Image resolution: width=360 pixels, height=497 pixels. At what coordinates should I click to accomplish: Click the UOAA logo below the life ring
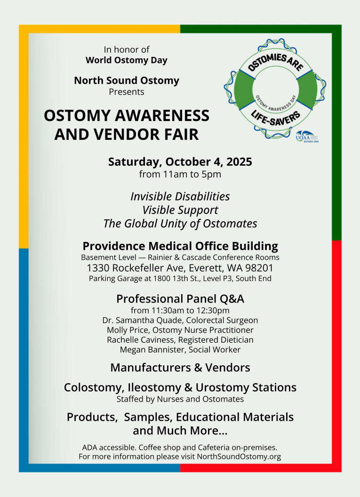[307, 136]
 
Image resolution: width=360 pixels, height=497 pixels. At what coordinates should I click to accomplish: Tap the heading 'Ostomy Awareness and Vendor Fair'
[127, 125]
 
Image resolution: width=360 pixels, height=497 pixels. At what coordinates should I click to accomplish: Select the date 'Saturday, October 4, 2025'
[180, 161]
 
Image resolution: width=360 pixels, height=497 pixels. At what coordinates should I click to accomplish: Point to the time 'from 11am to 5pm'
[180, 174]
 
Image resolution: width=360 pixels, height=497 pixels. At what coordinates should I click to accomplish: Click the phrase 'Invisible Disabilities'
[180, 197]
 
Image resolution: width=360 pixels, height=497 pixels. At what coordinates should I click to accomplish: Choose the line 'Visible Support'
[180, 210]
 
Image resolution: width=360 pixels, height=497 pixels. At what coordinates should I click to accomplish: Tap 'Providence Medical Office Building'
[180, 246]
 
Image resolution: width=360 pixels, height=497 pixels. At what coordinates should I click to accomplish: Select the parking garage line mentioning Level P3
[180, 279]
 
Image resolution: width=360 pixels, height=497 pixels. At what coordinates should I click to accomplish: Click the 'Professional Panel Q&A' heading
[180, 299]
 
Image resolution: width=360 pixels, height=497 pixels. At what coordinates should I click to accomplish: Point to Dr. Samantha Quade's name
[143, 320]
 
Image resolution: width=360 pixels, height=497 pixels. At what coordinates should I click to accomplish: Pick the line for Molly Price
[180, 330]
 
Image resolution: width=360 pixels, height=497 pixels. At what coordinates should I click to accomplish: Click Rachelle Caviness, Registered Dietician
[180, 340]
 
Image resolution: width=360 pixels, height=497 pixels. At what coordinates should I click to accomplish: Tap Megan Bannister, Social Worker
[180, 350]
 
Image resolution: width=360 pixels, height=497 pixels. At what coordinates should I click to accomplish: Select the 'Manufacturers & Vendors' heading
[180, 368]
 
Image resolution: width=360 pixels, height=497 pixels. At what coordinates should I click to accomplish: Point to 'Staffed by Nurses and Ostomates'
[180, 399]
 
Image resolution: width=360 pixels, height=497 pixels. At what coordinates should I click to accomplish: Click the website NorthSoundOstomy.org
[239, 457]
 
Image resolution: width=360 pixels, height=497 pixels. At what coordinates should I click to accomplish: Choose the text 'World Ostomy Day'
[127, 60]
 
